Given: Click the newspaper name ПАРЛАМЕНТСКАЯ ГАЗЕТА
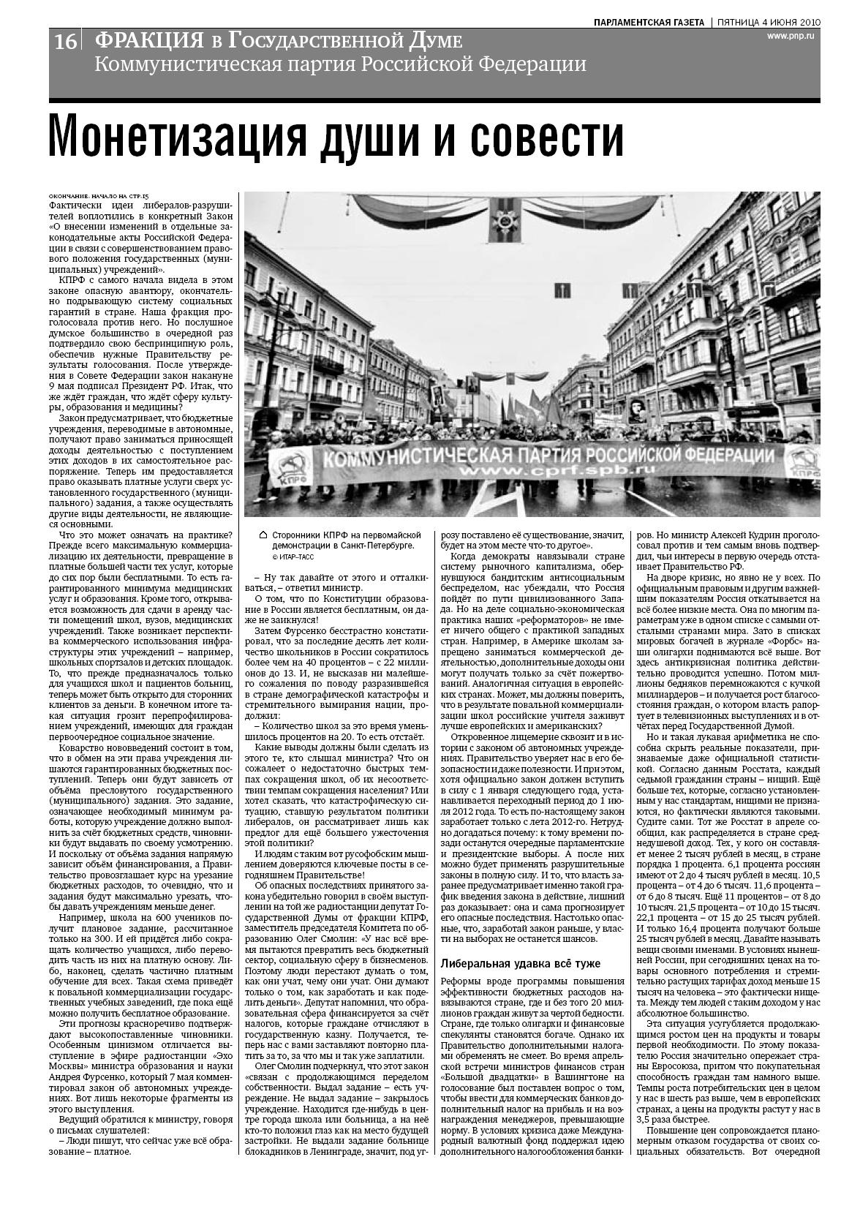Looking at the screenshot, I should click(649, 22).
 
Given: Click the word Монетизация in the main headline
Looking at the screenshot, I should click(179, 136).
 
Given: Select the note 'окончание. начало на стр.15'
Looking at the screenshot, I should click(99, 197).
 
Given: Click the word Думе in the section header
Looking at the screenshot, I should click(435, 40).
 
